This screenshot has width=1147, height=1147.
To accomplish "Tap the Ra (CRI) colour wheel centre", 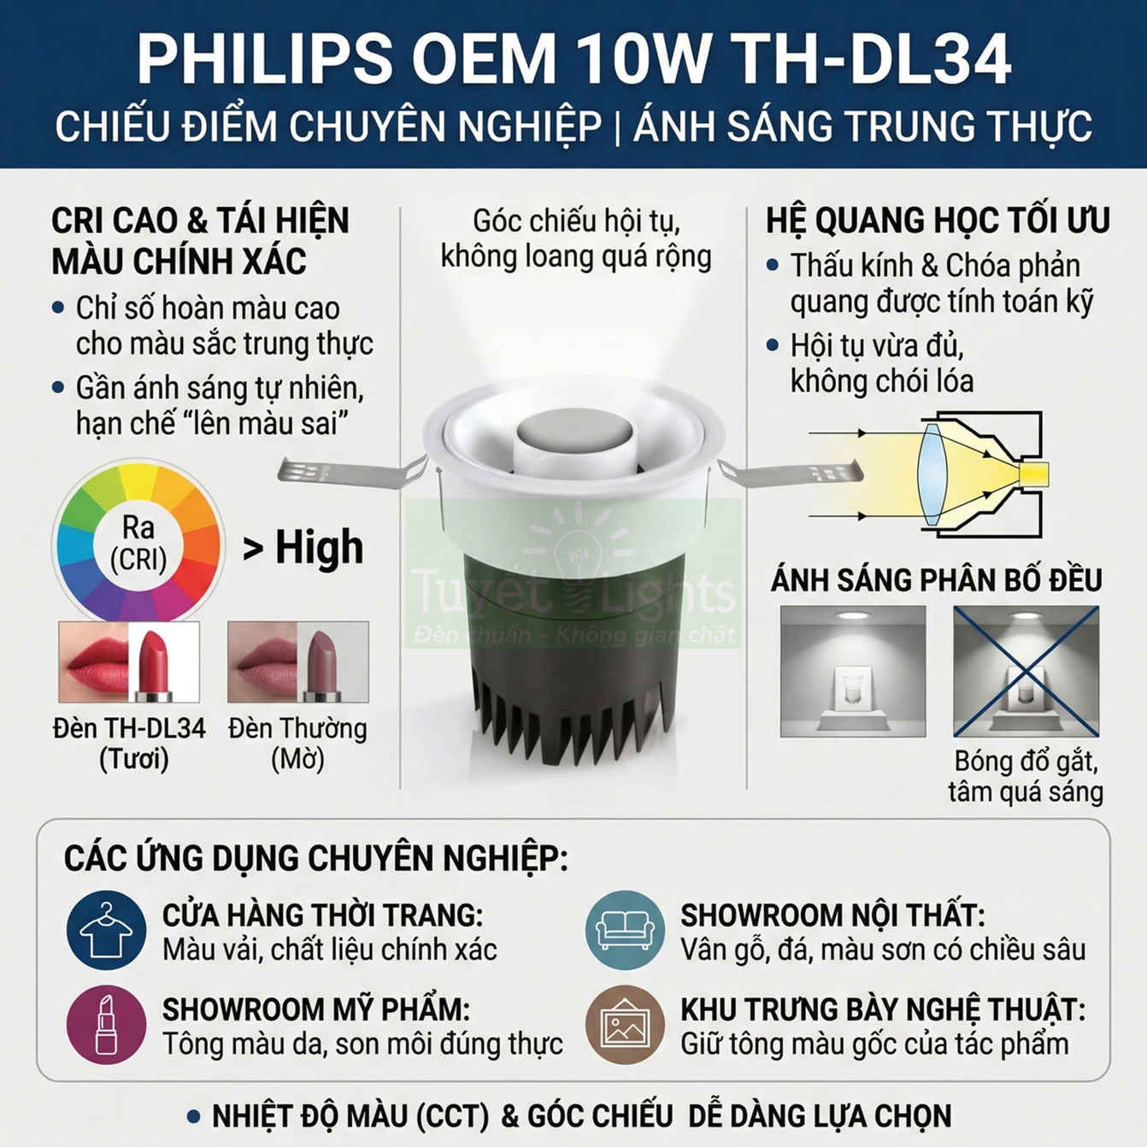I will tap(138, 543).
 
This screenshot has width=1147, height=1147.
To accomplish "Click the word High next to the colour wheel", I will tap(319, 548).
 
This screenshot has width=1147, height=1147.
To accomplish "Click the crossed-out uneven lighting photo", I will tap(1026, 671).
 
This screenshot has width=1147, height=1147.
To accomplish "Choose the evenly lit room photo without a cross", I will tap(852, 671).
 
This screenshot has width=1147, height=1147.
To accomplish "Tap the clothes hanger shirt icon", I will tap(106, 930).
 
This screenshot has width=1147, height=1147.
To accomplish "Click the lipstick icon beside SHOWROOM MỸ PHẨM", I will tap(106, 1024).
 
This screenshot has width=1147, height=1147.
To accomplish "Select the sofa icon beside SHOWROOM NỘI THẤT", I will tap(625, 930).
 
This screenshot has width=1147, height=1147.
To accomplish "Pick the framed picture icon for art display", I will tap(625, 1024).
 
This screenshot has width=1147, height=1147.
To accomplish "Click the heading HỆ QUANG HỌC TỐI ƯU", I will tap(938, 221).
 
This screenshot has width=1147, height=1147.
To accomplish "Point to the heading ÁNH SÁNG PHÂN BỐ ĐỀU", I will tap(937, 580).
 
